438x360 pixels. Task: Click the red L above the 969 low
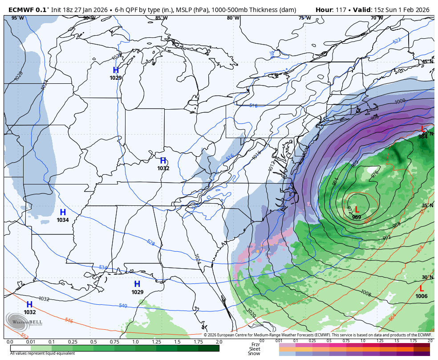[357, 209]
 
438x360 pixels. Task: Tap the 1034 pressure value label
[63, 220]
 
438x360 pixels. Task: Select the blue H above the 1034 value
[63, 213]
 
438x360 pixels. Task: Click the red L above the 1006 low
[422, 289]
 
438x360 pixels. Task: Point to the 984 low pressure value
[423, 137]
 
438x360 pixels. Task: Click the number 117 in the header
[341, 9]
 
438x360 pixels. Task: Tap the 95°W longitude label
[18, 18]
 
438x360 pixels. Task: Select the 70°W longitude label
[377, 18]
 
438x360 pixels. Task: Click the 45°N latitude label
[427, 61]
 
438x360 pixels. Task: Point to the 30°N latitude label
[427, 277]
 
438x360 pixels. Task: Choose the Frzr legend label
[255, 344]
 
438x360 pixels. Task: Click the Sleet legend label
[255, 349]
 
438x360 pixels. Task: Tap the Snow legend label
[255, 353]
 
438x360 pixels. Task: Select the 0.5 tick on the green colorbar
[94, 342]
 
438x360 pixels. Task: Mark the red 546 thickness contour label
[69, 320]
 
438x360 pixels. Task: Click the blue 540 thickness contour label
[123, 306]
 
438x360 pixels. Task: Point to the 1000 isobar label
[400, 102]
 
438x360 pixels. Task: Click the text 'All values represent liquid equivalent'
[43, 353]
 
